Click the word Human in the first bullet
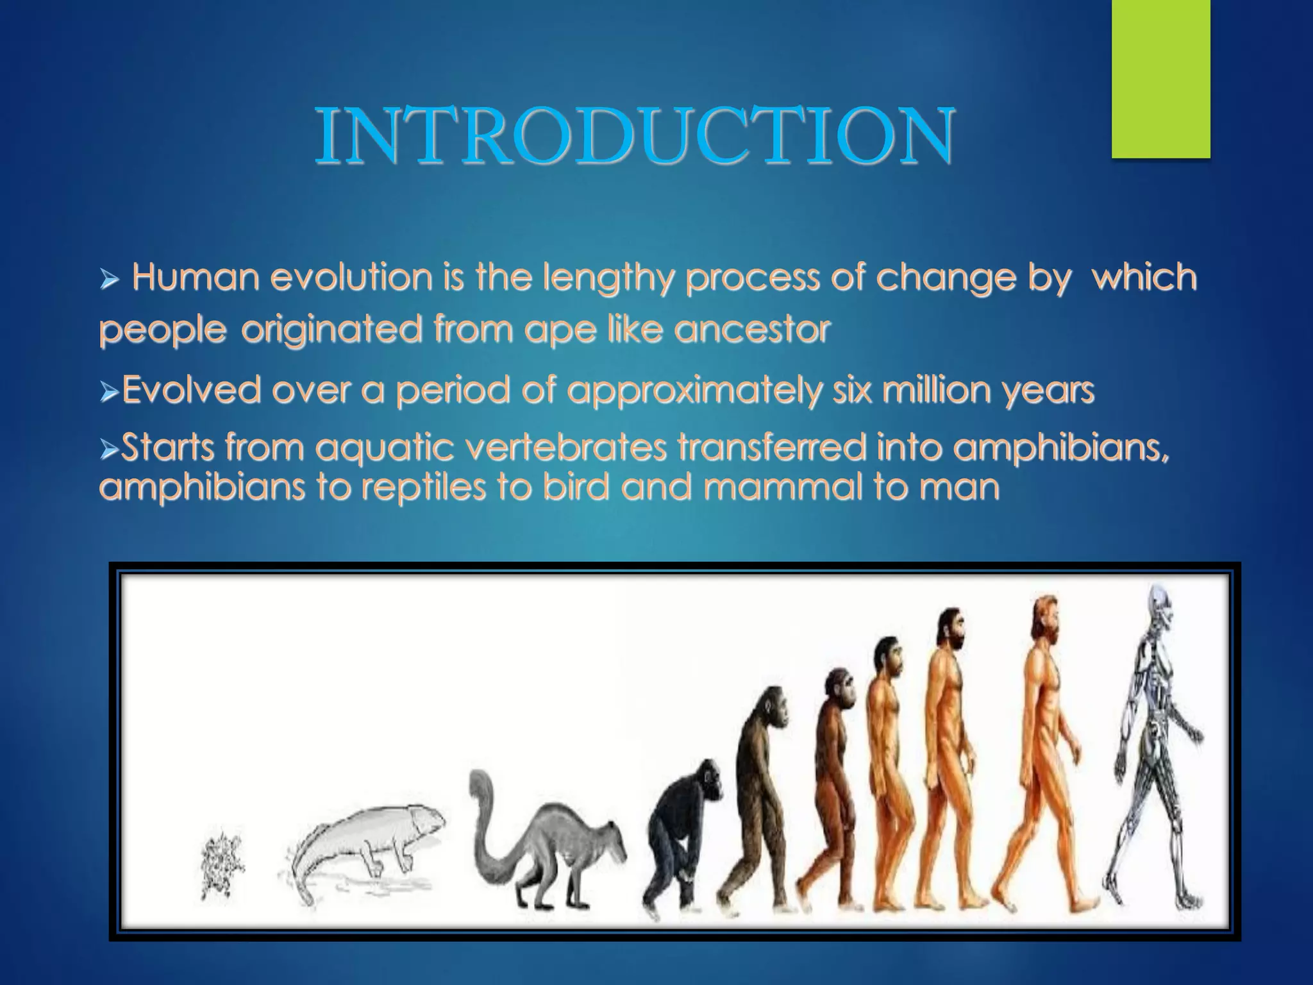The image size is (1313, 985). pos(196,278)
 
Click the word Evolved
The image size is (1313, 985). pos(191,390)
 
